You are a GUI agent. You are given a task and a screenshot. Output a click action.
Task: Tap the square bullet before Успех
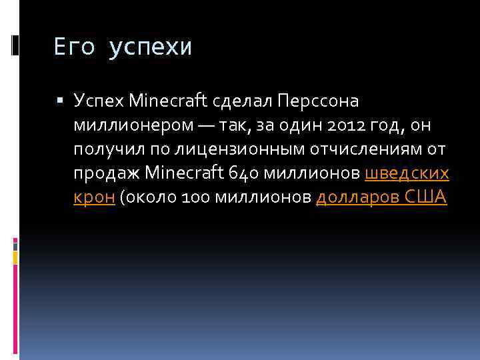pyautogui.click(x=59, y=101)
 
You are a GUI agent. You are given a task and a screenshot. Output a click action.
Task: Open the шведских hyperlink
pyautogui.click(x=407, y=174)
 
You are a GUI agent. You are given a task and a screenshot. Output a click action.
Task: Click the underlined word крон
pyautogui.click(x=94, y=198)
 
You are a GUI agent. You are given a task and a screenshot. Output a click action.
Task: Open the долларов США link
pyautogui.click(x=380, y=198)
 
